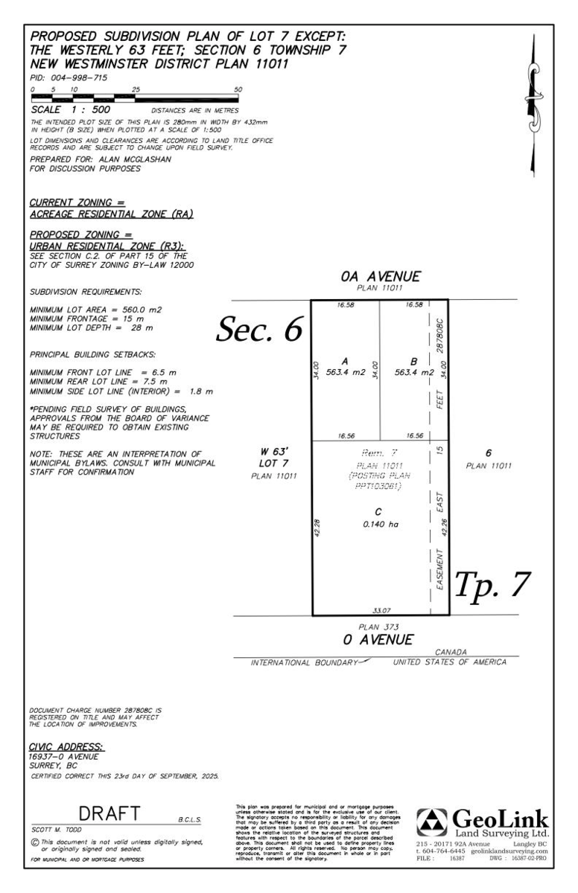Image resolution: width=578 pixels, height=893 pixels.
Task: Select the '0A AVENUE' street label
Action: tap(379, 277)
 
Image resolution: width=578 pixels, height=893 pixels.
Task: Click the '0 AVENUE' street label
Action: tap(379, 639)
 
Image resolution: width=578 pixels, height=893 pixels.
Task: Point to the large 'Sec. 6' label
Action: tap(258, 327)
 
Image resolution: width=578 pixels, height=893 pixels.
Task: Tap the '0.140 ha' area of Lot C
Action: tap(378, 524)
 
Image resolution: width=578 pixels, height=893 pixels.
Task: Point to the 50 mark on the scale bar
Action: tap(238, 89)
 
